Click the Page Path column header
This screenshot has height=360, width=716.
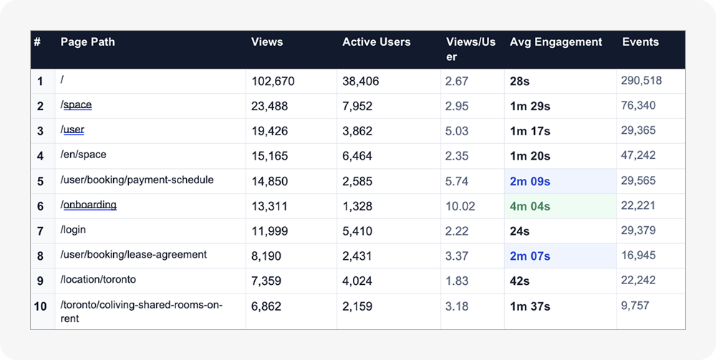[87, 42]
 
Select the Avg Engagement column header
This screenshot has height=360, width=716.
[556, 42]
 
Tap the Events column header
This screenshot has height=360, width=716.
[640, 42]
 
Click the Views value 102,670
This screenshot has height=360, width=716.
[273, 82]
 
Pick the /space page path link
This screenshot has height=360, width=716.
[76, 105]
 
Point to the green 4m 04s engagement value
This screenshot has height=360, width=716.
[530, 206]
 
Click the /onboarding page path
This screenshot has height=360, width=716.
[88, 205]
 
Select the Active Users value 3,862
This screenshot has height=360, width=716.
[357, 132]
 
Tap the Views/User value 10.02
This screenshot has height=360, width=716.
[460, 206]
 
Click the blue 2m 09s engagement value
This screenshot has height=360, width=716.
[530, 182]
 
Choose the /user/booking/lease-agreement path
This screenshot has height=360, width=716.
[133, 255]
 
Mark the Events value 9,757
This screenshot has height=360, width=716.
[634, 306]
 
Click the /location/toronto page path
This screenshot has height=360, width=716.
[98, 279]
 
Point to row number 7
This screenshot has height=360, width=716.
[40, 231]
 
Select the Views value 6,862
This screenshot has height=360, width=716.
[266, 306]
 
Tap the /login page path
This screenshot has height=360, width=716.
[73, 230]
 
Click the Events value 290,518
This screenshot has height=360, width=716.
[641, 81]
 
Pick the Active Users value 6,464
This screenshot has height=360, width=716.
[357, 156]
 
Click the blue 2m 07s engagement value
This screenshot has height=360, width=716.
[530, 256]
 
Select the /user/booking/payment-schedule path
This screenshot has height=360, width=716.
[137, 180]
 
